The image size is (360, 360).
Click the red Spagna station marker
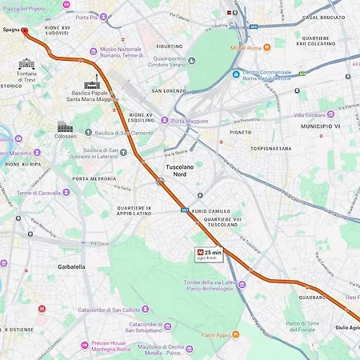point(24,32)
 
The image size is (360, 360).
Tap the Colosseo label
point(66,136)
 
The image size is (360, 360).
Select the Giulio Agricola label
point(347,327)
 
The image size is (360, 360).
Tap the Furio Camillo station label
point(210,210)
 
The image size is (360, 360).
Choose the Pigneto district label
point(240,132)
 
